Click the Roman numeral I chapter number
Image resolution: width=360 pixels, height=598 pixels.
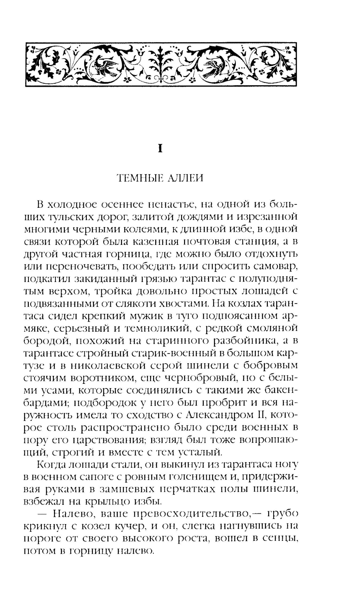coord(161,148)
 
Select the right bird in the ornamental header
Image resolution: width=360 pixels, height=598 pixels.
coord(215,67)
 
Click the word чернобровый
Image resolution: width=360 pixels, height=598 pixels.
coord(203,378)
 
